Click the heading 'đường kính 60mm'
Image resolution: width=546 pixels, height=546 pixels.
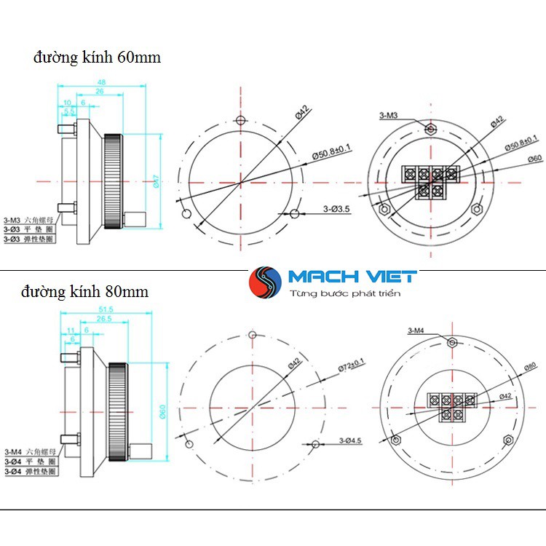pos(95,57)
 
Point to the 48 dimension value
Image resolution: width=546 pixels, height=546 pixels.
pos(101,83)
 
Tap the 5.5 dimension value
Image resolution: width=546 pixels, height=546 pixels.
pos(69,111)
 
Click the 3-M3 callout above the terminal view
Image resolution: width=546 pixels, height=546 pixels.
pos(388,116)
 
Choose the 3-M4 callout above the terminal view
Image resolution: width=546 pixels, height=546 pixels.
pos(416,332)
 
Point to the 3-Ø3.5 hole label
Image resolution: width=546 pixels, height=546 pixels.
pos(336,209)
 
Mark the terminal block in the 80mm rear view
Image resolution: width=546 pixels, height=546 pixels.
pos(451,406)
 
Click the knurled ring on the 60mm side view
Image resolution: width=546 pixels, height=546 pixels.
pos(113,182)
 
